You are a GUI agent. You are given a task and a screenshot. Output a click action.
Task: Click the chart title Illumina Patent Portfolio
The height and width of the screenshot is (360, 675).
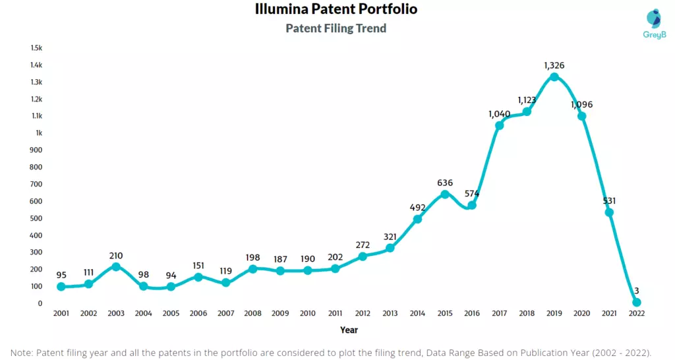[x=336, y=9]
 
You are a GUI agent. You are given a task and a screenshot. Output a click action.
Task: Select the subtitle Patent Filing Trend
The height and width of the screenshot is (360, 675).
[x=336, y=28]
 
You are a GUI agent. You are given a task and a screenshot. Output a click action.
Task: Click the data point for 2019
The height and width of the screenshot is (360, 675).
[x=554, y=77]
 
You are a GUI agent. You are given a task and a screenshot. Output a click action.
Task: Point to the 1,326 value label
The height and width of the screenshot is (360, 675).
[x=554, y=65]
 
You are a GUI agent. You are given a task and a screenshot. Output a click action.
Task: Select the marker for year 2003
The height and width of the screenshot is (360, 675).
[x=116, y=267]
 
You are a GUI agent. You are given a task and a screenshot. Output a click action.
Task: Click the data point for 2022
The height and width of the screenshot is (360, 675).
[x=637, y=303]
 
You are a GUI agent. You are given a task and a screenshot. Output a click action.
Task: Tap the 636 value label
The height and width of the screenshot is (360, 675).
[x=445, y=183]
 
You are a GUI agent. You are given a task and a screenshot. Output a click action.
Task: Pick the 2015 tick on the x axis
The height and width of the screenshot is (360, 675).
[x=445, y=314]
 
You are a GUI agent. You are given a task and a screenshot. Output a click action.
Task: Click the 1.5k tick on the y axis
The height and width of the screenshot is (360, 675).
[x=36, y=48]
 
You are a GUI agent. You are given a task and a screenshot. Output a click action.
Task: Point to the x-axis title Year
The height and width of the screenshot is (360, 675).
[x=349, y=329]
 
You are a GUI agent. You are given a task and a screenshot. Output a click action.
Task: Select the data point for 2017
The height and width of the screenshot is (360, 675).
[x=500, y=125]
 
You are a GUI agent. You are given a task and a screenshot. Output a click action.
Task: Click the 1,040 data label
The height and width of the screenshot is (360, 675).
[x=500, y=113]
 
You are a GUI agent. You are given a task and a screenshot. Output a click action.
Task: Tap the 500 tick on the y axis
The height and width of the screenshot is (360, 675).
[x=36, y=218]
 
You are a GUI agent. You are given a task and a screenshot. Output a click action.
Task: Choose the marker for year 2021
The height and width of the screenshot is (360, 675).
[x=609, y=212]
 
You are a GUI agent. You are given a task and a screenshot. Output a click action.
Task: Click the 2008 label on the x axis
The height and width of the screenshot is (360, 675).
[x=253, y=314]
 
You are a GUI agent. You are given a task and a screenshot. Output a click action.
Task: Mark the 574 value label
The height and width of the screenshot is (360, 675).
[x=472, y=194]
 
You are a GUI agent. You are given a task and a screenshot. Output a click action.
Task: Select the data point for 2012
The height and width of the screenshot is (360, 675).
[x=363, y=256]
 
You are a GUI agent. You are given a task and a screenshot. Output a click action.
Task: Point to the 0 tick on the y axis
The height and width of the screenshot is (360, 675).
[x=40, y=303]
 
